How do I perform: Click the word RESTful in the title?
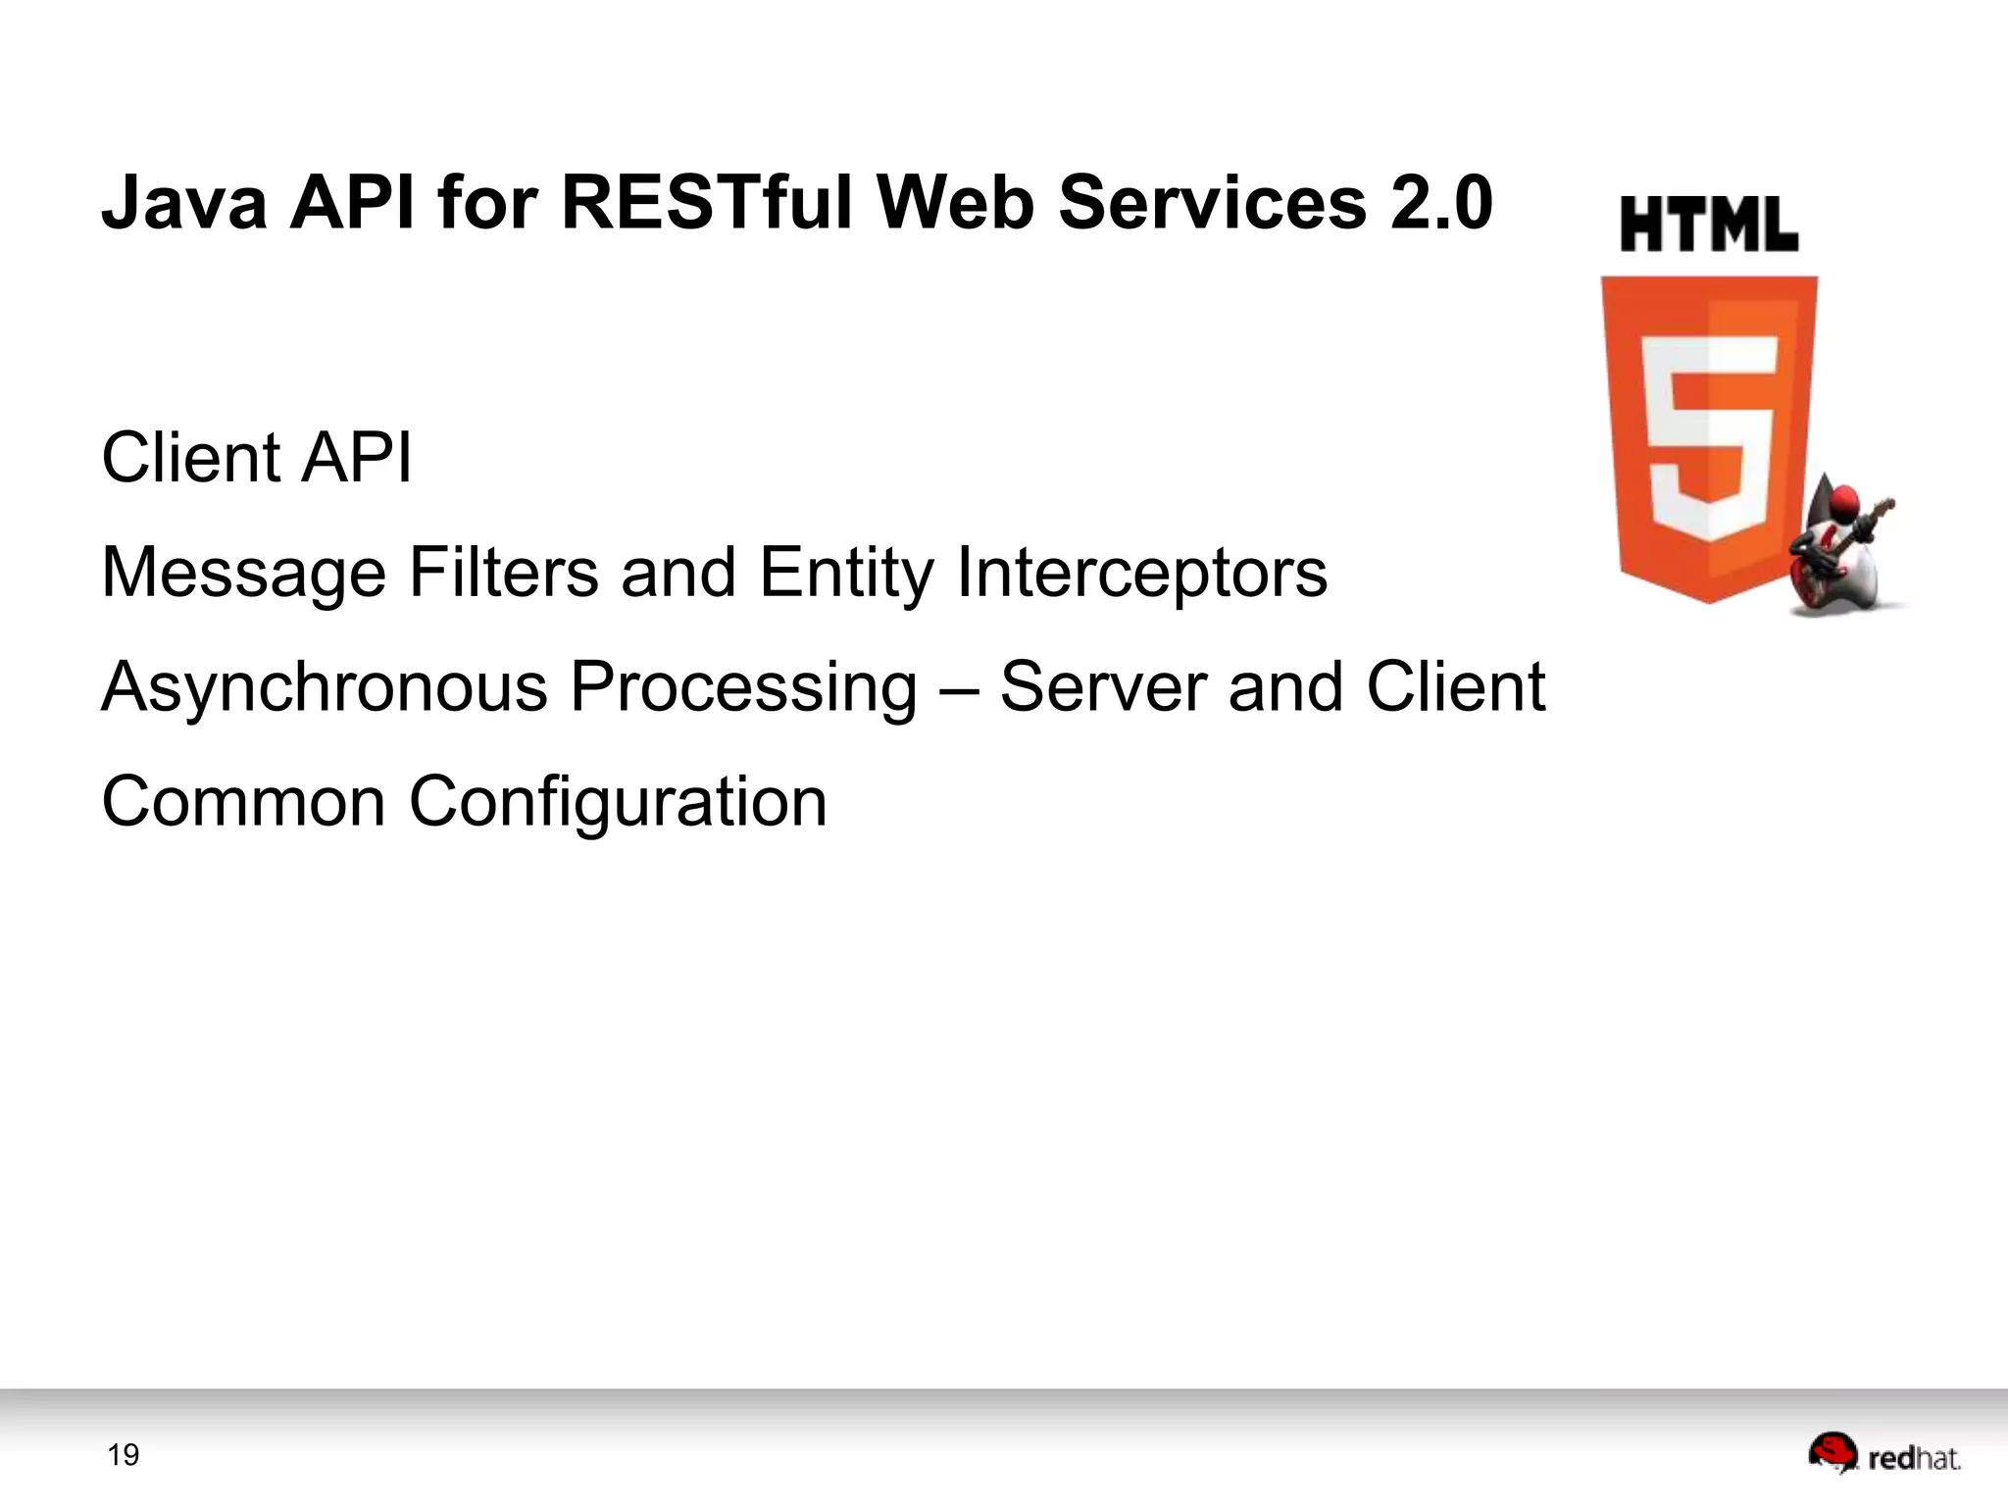pyautogui.click(x=707, y=202)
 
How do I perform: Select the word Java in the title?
pyautogui.click(x=184, y=202)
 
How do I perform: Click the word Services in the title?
pyautogui.click(x=1212, y=202)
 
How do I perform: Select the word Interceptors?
pyautogui.click(x=1142, y=574)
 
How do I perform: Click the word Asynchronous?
pyautogui.click(x=325, y=687)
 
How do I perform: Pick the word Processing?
pyautogui.click(x=744, y=688)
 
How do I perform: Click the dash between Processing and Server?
pyautogui.click(x=958, y=689)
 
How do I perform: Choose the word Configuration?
pyautogui.click(x=618, y=803)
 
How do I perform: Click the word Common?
pyautogui.click(x=243, y=802)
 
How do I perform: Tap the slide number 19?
pyautogui.click(x=124, y=1455)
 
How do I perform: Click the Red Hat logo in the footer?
pyautogui.click(x=1883, y=1454)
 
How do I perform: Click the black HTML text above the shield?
pyautogui.click(x=1709, y=225)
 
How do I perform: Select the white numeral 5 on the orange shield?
pyautogui.click(x=1708, y=436)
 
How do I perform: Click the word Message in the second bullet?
pyautogui.click(x=244, y=574)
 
